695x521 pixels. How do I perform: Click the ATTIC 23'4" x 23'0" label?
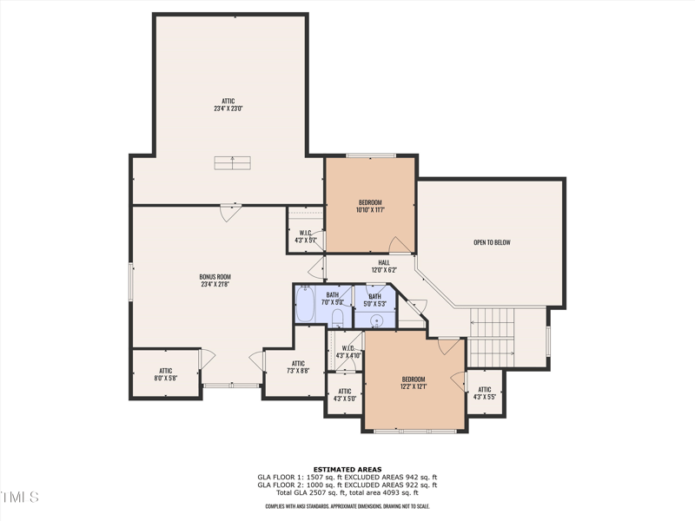tap(228, 105)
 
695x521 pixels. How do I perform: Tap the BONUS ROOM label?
tap(215, 280)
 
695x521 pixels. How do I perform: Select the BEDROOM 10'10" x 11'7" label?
tap(370, 206)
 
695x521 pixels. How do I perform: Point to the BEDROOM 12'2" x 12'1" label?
tap(414, 383)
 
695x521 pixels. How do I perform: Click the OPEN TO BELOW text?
tap(491, 242)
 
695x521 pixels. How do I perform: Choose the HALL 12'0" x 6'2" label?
tap(383, 267)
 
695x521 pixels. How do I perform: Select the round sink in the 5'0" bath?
tap(376, 320)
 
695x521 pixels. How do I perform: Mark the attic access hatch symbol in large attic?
tap(233, 162)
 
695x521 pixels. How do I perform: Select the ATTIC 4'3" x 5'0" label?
tap(345, 395)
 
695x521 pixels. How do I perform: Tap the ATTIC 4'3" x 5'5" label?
tap(485, 393)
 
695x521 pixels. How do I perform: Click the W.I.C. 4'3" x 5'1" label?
tap(306, 236)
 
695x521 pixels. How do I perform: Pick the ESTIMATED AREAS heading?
tap(347, 469)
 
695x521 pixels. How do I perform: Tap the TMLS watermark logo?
tap(19, 498)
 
